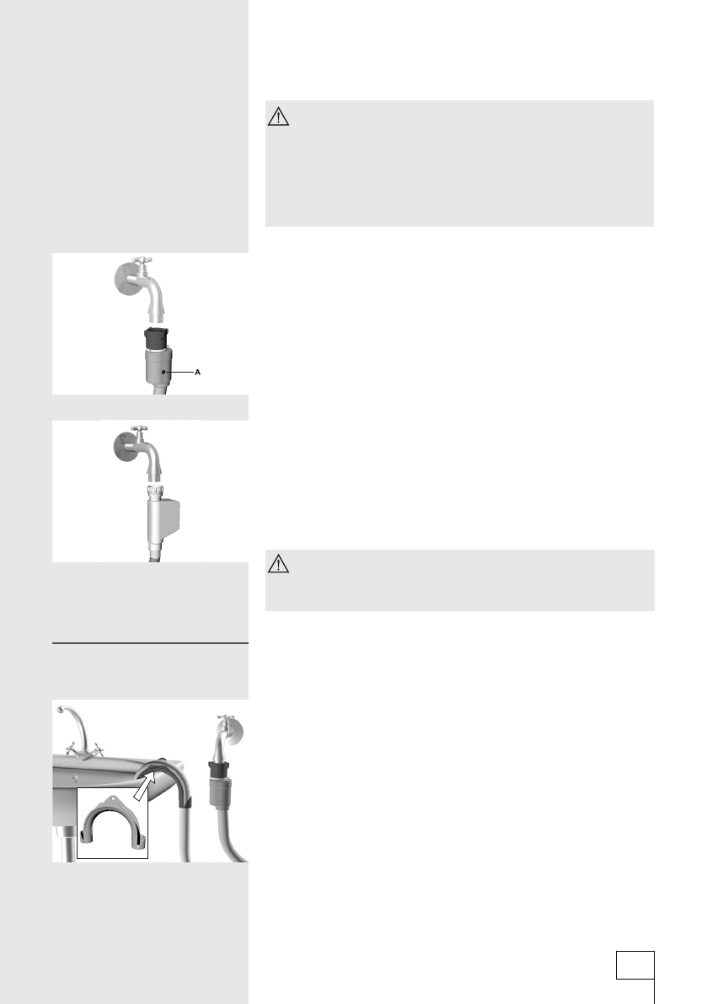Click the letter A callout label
click(x=198, y=372)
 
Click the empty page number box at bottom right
click(x=635, y=965)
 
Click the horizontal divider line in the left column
click(x=151, y=642)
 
